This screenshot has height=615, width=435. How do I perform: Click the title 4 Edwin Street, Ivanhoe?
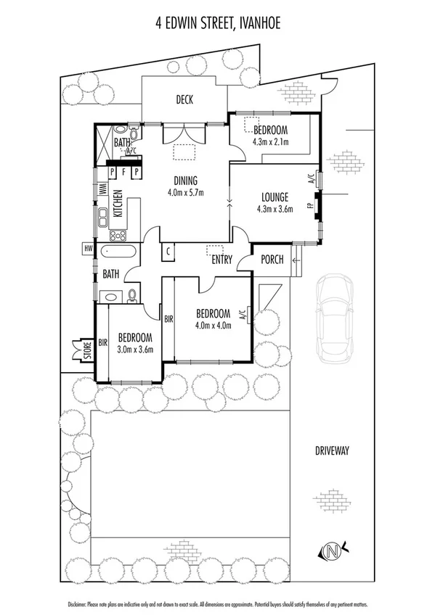(x=217, y=23)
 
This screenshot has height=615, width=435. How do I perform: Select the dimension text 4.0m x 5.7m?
(x=186, y=192)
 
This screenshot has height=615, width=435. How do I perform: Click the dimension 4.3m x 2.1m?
(x=270, y=141)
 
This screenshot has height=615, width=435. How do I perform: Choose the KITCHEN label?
(x=116, y=204)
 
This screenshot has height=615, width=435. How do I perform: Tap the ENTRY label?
(x=221, y=260)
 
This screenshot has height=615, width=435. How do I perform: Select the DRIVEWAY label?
(x=332, y=450)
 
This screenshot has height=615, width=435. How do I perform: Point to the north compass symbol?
(x=333, y=553)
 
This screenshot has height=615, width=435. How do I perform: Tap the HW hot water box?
(x=89, y=249)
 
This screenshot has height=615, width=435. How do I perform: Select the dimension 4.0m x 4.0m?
(x=214, y=325)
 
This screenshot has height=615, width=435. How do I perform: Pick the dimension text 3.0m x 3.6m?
(x=135, y=349)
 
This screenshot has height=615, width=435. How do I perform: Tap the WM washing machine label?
(x=102, y=189)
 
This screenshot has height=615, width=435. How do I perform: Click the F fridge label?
(x=123, y=172)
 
